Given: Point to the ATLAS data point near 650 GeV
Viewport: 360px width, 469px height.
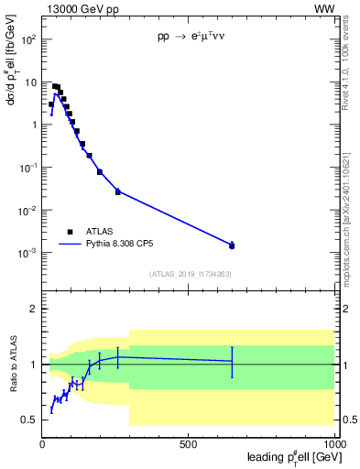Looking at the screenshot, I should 232,245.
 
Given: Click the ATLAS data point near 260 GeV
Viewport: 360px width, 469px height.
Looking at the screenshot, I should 118,191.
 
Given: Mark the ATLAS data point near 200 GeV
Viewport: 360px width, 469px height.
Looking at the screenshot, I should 100,171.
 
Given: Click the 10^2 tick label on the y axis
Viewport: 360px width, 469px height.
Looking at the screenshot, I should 27,39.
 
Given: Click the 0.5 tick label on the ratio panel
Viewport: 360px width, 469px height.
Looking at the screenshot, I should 29,420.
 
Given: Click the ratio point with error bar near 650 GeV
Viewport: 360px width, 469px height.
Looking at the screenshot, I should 232,362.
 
